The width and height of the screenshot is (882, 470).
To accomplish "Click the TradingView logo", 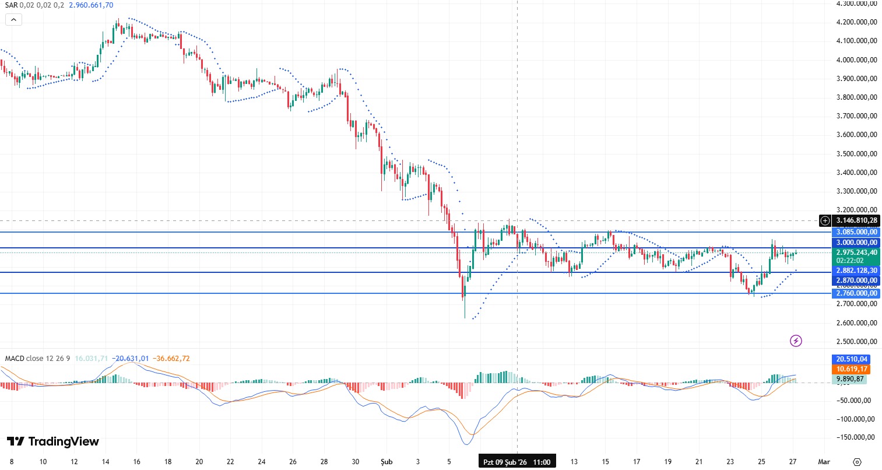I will (53, 441).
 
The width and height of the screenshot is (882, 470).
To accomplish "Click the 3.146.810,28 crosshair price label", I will (856, 220).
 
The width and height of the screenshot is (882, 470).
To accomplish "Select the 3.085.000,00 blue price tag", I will (856, 232).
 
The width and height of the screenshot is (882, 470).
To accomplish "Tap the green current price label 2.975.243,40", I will (856, 252).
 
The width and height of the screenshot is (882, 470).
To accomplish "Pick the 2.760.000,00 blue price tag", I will (856, 293).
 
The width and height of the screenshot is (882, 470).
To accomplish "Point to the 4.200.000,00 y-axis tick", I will (856, 22).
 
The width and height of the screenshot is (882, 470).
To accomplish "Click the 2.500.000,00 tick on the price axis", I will (856, 342).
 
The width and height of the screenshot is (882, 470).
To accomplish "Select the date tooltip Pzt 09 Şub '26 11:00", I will (517, 462).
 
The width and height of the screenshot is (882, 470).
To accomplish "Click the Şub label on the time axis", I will (386, 462).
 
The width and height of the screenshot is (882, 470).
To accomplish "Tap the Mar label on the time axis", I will (824, 462).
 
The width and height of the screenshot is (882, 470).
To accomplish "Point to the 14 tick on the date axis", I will (106, 462).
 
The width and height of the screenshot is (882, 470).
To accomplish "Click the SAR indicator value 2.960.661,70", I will (91, 5).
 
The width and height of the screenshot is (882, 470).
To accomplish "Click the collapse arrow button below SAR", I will (13, 20).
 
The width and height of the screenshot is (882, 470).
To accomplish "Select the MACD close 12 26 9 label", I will (37, 358).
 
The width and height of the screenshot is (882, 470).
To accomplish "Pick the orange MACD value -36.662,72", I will (170, 358).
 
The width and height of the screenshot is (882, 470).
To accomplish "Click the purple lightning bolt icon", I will (796, 341).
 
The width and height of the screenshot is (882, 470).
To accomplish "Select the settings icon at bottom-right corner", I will (856, 462).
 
